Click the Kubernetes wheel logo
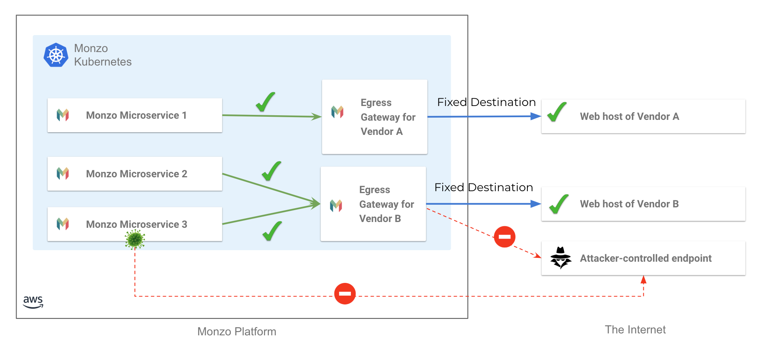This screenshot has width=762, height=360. pyautogui.click(x=56, y=55)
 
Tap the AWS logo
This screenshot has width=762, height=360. pyautogui.click(x=33, y=302)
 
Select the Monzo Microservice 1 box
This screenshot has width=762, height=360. pyautogui.click(x=134, y=115)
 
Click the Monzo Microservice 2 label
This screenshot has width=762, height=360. pyautogui.click(x=136, y=174)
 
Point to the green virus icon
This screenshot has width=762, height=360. pyautogui.click(x=135, y=239)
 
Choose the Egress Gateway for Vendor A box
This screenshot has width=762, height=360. pyautogui.click(x=374, y=117)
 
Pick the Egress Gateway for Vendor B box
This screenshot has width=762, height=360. pyautogui.click(x=373, y=204)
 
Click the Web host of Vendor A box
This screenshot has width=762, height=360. pyautogui.click(x=643, y=116)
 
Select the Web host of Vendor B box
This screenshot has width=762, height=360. pyautogui.click(x=643, y=204)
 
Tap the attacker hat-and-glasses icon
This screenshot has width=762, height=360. pyautogui.click(x=561, y=257)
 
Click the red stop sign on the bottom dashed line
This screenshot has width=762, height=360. pyautogui.click(x=345, y=294)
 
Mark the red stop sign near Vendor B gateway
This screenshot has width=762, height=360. pyautogui.click(x=505, y=237)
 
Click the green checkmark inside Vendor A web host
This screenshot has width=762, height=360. pyautogui.click(x=557, y=112)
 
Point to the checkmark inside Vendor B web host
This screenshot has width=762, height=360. pyautogui.click(x=559, y=204)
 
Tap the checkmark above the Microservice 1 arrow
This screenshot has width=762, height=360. pyautogui.click(x=265, y=102)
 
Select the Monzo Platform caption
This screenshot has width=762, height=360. pyautogui.click(x=237, y=331)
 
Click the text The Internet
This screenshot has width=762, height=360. pyautogui.click(x=635, y=330)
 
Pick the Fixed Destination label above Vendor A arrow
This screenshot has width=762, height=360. pyautogui.click(x=486, y=102)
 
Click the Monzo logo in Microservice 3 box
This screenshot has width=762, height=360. pyautogui.click(x=63, y=224)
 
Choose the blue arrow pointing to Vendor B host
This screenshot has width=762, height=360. pyautogui.click(x=483, y=204)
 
